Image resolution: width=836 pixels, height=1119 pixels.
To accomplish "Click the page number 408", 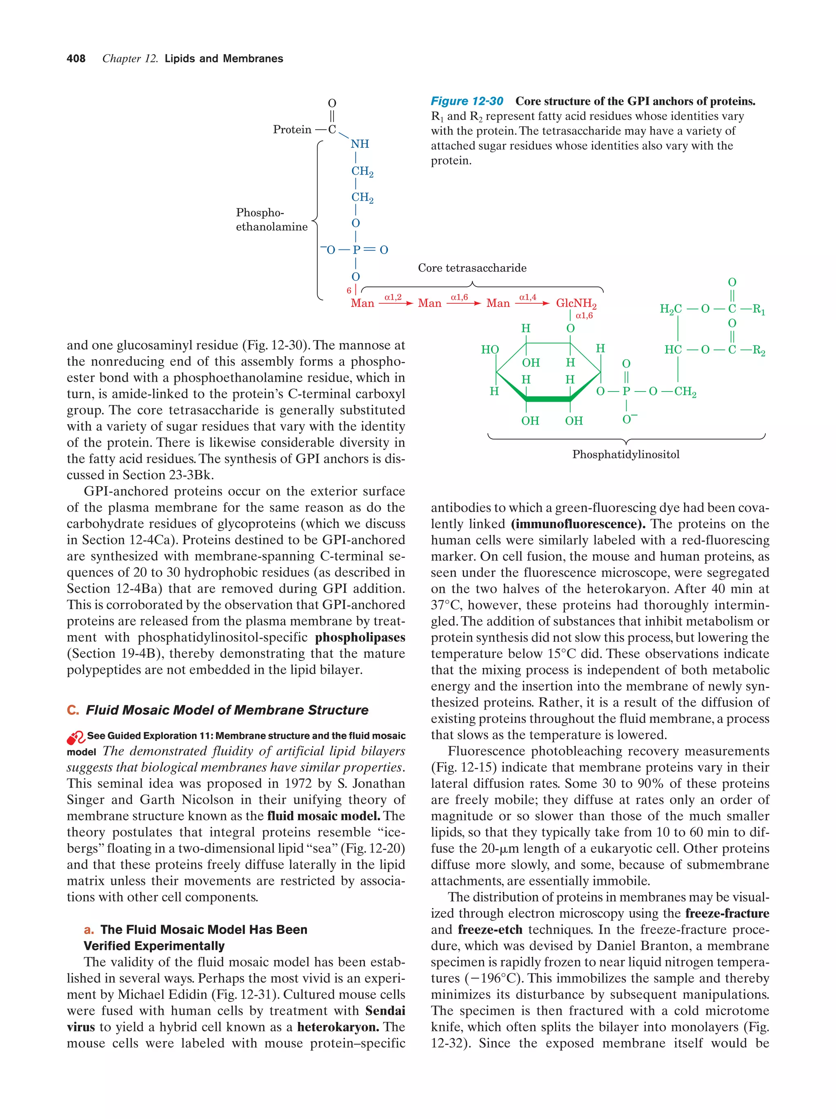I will coord(76,59).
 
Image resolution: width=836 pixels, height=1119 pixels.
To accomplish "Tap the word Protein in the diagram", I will coord(292,129).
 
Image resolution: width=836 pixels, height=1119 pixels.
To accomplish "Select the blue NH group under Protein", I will coord(360,144).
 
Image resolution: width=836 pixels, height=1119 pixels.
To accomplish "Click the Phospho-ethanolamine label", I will coord(271,220).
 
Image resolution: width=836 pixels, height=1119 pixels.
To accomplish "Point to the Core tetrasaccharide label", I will coord(471,268).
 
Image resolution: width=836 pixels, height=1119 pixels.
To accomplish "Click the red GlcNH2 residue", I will coord(576,303).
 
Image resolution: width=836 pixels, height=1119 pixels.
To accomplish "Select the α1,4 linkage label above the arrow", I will coord(527,297).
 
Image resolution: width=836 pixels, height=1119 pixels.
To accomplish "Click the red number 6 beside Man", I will coord(349,290).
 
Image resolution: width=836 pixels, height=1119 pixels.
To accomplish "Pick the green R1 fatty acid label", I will coord(758,309).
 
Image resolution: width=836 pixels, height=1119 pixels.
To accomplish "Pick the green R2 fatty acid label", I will coord(758,350).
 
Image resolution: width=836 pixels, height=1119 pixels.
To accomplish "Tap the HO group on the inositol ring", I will coord(489,349).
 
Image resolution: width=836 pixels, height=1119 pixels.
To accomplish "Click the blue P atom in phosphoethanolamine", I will coord(356,250).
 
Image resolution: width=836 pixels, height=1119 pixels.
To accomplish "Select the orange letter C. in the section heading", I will coord(73,710).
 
